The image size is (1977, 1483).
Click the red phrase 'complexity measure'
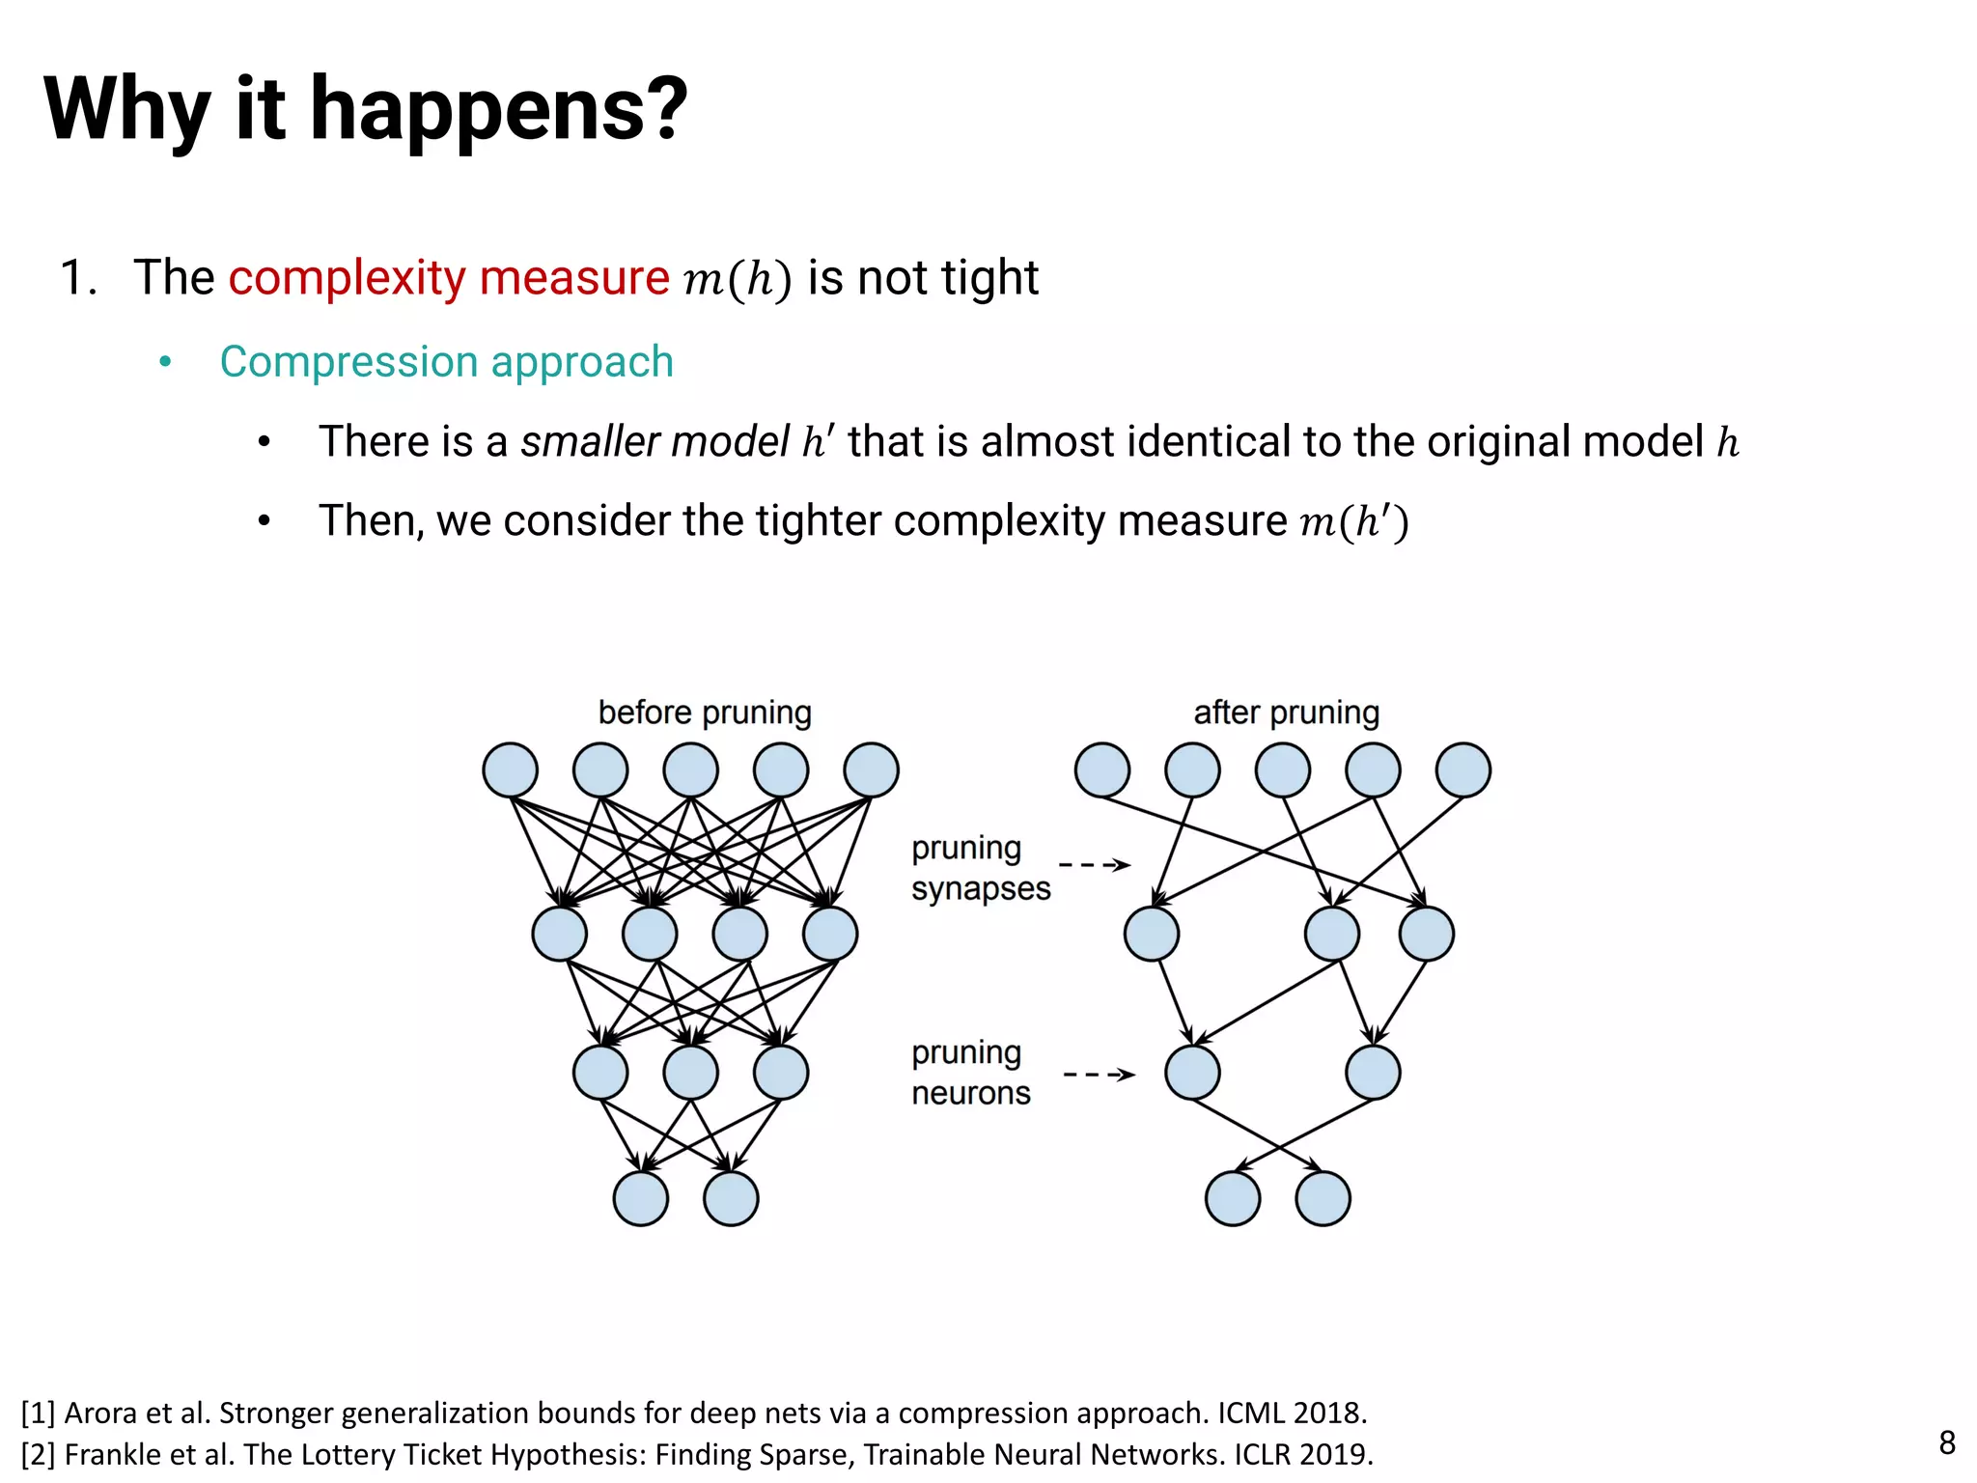point(449,278)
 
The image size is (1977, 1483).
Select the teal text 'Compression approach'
point(446,362)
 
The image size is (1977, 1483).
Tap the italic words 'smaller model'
point(654,442)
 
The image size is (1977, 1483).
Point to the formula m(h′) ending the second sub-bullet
point(1354,521)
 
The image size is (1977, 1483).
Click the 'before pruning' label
point(705,713)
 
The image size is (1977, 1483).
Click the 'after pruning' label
point(1286,713)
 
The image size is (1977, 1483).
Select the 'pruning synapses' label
point(980,868)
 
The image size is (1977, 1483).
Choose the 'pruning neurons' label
point(970,1073)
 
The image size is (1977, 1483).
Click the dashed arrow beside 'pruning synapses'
point(1095,865)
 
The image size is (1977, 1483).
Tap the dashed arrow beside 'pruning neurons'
point(1099,1075)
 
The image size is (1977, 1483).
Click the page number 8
point(1947,1442)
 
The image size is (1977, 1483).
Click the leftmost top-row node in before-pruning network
point(510,770)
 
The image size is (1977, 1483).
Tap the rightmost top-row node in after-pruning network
point(1463,770)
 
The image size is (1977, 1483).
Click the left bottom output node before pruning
point(641,1198)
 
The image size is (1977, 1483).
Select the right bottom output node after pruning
point(1323,1198)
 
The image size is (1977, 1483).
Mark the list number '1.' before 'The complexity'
point(79,278)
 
